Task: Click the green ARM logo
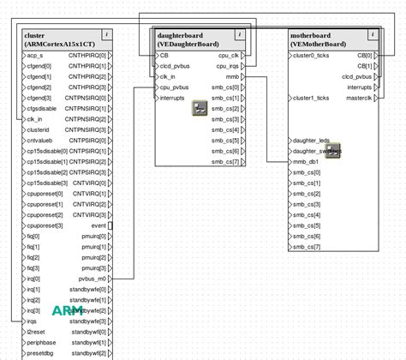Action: pyautogui.click(x=68, y=310)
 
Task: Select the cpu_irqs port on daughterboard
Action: pyautogui.click(x=227, y=65)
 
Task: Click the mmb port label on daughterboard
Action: pyautogui.click(x=232, y=76)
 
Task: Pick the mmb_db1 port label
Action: pyautogui.click(x=306, y=161)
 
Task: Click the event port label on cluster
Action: pyautogui.click(x=99, y=225)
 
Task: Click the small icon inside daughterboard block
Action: pyautogui.click(x=200, y=108)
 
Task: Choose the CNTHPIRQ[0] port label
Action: pyautogui.click(x=87, y=55)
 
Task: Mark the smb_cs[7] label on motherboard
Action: pyautogui.click(x=307, y=246)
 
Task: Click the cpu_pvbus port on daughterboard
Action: pyautogui.click(x=174, y=87)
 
